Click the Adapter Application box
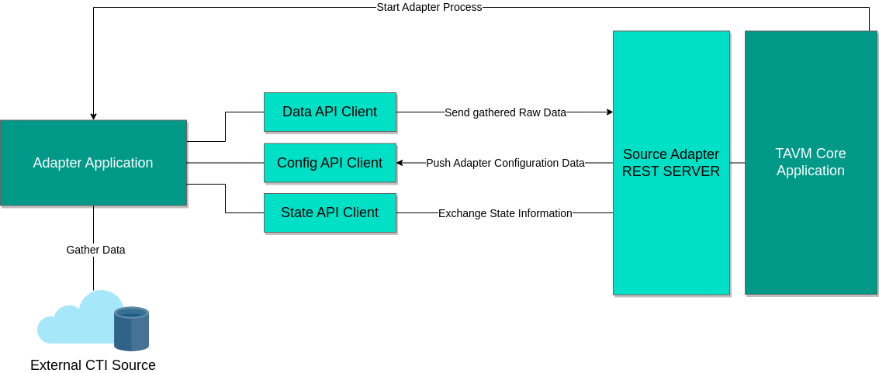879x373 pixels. point(93,163)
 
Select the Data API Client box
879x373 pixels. point(330,112)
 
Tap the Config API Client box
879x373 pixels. point(330,163)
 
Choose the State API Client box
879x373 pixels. point(330,212)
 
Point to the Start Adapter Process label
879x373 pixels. point(429,7)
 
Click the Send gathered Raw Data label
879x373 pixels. point(505,112)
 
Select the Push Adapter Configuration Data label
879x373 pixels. point(505,164)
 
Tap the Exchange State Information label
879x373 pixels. point(505,213)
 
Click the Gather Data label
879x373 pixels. point(95,250)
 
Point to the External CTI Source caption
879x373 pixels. point(93,365)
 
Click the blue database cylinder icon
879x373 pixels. point(131,329)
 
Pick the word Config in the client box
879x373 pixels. point(296,163)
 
